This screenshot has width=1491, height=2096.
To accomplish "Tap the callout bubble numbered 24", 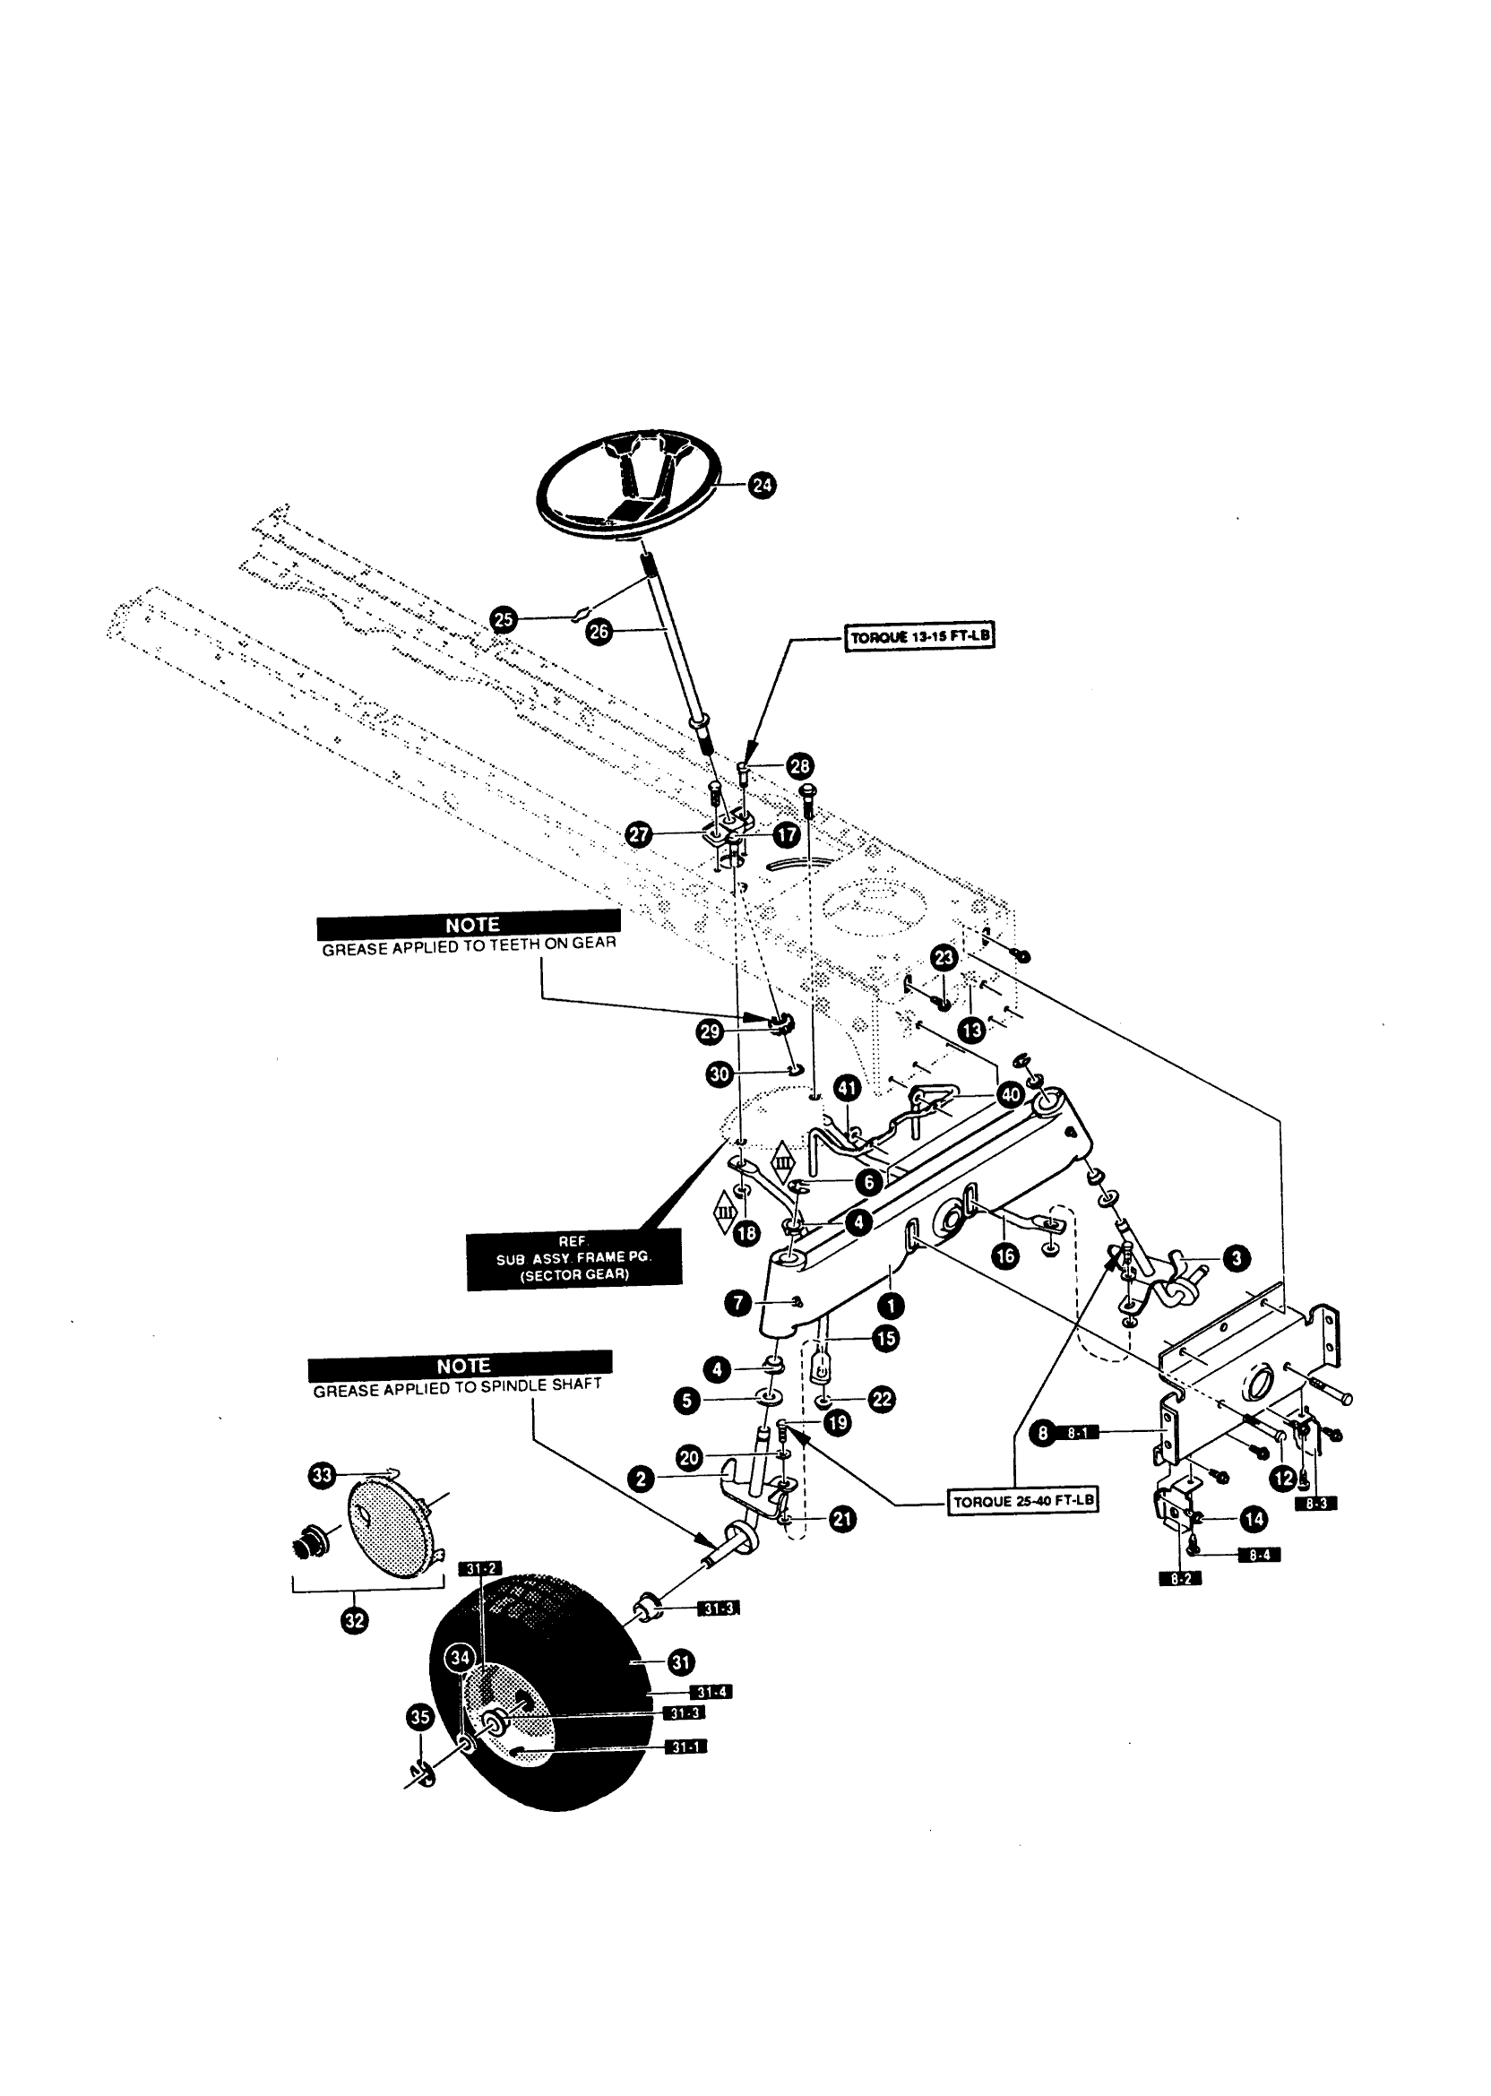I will point(762,485).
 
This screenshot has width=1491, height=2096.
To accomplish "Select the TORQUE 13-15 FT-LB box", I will point(919,637).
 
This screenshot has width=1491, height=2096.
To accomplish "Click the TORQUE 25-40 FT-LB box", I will point(1022,1502).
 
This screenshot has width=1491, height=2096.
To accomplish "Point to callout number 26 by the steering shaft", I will point(599,632).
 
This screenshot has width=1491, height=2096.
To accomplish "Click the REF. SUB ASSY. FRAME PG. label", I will point(573,1259).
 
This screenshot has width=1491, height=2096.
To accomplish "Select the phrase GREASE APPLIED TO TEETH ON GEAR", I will point(469,945).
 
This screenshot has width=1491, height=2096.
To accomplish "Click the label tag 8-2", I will point(1180,1578).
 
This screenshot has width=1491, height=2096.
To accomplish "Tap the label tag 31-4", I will point(711,1692).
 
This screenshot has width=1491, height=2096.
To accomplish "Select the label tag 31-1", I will point(685,1747).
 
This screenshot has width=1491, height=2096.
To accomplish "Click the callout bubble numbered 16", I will point(1006,1255).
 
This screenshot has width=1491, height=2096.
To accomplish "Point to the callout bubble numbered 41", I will point(847,1089).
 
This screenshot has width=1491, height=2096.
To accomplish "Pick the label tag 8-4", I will point(1259,1555).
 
